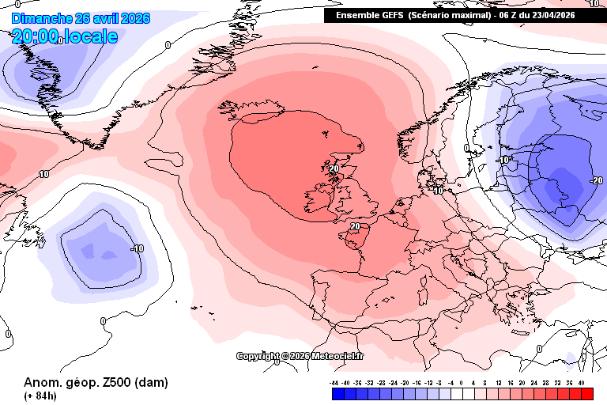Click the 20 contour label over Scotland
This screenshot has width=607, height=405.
click(x=334, y=168)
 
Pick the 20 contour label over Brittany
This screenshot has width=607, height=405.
click(x=355, y=226)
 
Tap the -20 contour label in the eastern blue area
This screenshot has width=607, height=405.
click(x=596, y=180)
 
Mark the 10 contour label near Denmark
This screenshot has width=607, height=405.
click(x=439, y=191)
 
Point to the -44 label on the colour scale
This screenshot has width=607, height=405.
click(x=335, y=381)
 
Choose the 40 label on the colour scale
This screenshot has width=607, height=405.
click(x=581, y=381)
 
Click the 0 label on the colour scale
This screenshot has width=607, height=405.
click(x=462, y=381)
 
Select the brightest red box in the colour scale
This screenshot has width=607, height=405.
click(x=586, y=393)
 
